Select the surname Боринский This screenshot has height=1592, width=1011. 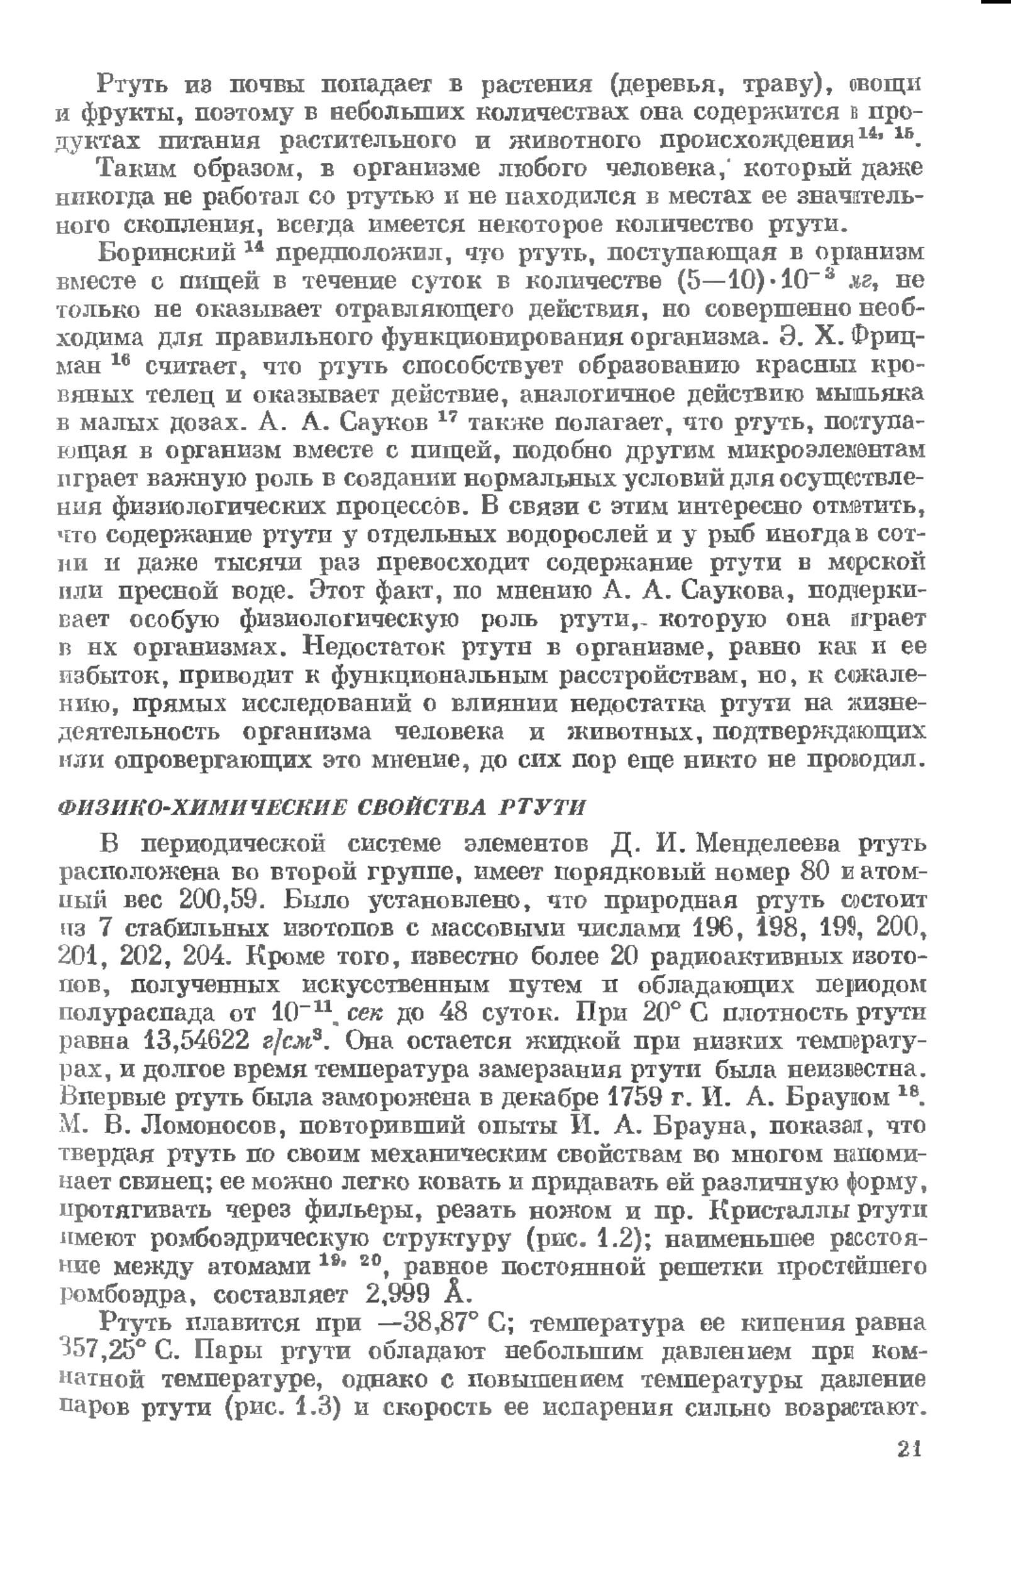pos(166,253)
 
